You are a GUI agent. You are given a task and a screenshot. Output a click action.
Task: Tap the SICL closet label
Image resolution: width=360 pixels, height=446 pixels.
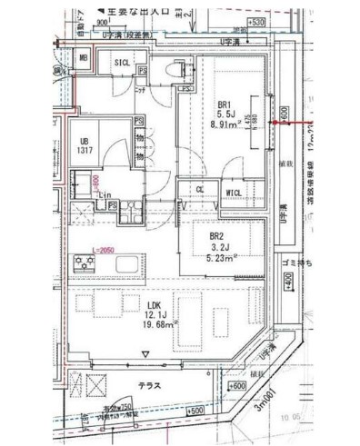tap(121, 61)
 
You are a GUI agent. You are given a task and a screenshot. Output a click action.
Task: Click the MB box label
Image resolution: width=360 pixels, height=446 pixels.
tap(83, 59)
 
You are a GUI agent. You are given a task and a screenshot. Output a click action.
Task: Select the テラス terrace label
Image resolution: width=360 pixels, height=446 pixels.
tap(149, 385)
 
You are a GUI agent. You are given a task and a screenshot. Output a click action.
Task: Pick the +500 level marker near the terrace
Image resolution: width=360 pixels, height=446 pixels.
tap(195, 411)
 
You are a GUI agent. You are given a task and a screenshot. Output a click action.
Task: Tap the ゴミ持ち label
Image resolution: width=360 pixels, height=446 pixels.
tap(298, 262)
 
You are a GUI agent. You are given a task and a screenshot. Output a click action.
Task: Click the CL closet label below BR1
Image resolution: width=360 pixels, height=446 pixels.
tap(199, 188)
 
